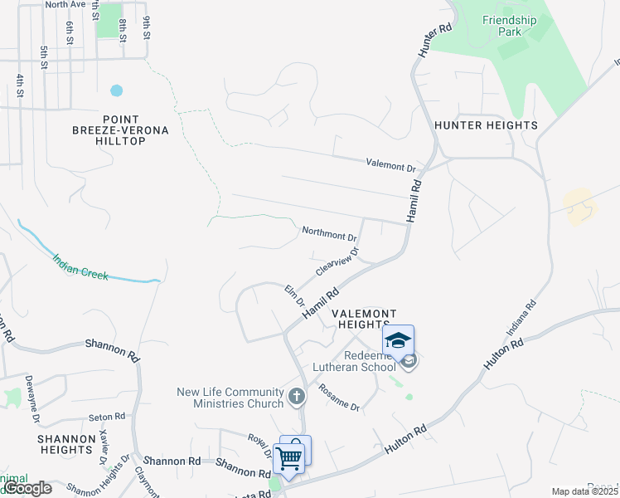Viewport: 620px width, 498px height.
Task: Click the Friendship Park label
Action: (510, 26)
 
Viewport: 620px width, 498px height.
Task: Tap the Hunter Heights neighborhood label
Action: (486, 125)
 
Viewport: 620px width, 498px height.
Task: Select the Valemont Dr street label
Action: (391, 165)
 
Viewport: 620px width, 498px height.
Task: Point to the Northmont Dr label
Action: (329, 232)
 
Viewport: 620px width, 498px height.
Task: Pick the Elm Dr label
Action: (295, 295)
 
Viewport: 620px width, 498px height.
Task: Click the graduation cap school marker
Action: (398, 341)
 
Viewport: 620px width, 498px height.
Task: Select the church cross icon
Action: (298, 398)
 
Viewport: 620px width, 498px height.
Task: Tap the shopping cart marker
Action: (289, 457)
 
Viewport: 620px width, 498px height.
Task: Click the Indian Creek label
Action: (80, 266)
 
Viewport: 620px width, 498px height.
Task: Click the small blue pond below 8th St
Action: (116, 90)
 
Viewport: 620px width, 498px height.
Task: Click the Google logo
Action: (27, 488)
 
